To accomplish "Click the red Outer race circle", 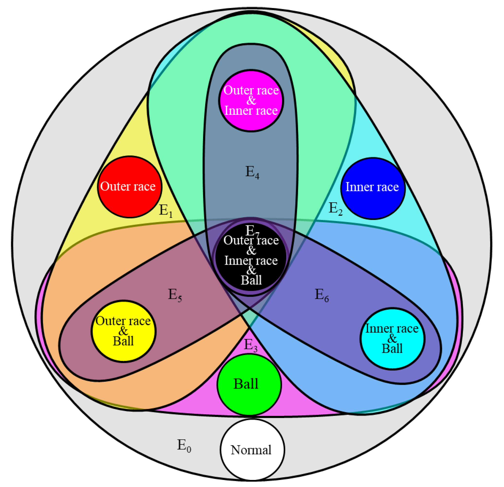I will pos(130,187).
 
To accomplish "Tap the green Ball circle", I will pos(249,385).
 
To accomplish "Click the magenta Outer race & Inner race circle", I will pos(251,101).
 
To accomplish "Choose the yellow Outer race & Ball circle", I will pos(124,331).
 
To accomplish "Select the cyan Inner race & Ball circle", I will pos(392,339).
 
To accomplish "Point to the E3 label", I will pos(250,345).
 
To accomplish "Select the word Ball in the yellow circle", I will pos(123,341).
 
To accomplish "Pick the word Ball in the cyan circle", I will pos(392,349).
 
